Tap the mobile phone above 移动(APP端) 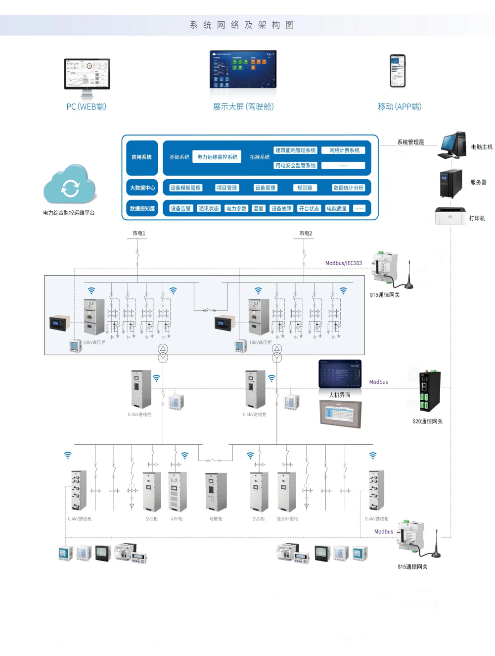pos(398,71)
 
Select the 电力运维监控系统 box pos(217,157)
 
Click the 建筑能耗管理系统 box pos(295,150)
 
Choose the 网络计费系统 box pos(344,150)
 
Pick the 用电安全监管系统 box pos(295,166)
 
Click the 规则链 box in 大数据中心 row pos(305,188)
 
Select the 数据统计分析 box pos(348,188)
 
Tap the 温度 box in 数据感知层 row pos(258,209)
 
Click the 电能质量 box pos(336,209)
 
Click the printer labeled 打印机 pos(450,216)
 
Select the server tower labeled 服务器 pos(451,183)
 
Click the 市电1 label pos(139,234)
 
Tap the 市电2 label pos(306,234)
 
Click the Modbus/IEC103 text pos(344,263)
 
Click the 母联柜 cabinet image pos(216,492)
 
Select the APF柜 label pos(177,519)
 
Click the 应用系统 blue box pos(142,157)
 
